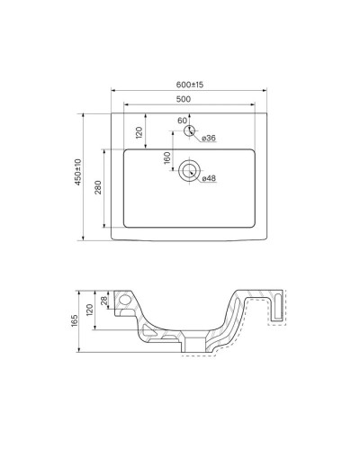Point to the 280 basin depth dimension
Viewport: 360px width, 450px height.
click(x=100, y=186)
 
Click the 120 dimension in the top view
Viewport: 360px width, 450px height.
click(x=139, y=131)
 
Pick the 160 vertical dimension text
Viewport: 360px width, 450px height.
click(x=166, y=155)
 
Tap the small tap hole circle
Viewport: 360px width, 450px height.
click(x=189, y=131)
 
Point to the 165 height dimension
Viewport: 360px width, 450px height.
click(x=78, y=320)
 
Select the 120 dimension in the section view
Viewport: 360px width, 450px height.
click(x=90, y=310)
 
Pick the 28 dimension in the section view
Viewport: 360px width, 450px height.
click(x=104, y=300)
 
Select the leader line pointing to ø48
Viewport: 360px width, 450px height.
click(x=198, y=175)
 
